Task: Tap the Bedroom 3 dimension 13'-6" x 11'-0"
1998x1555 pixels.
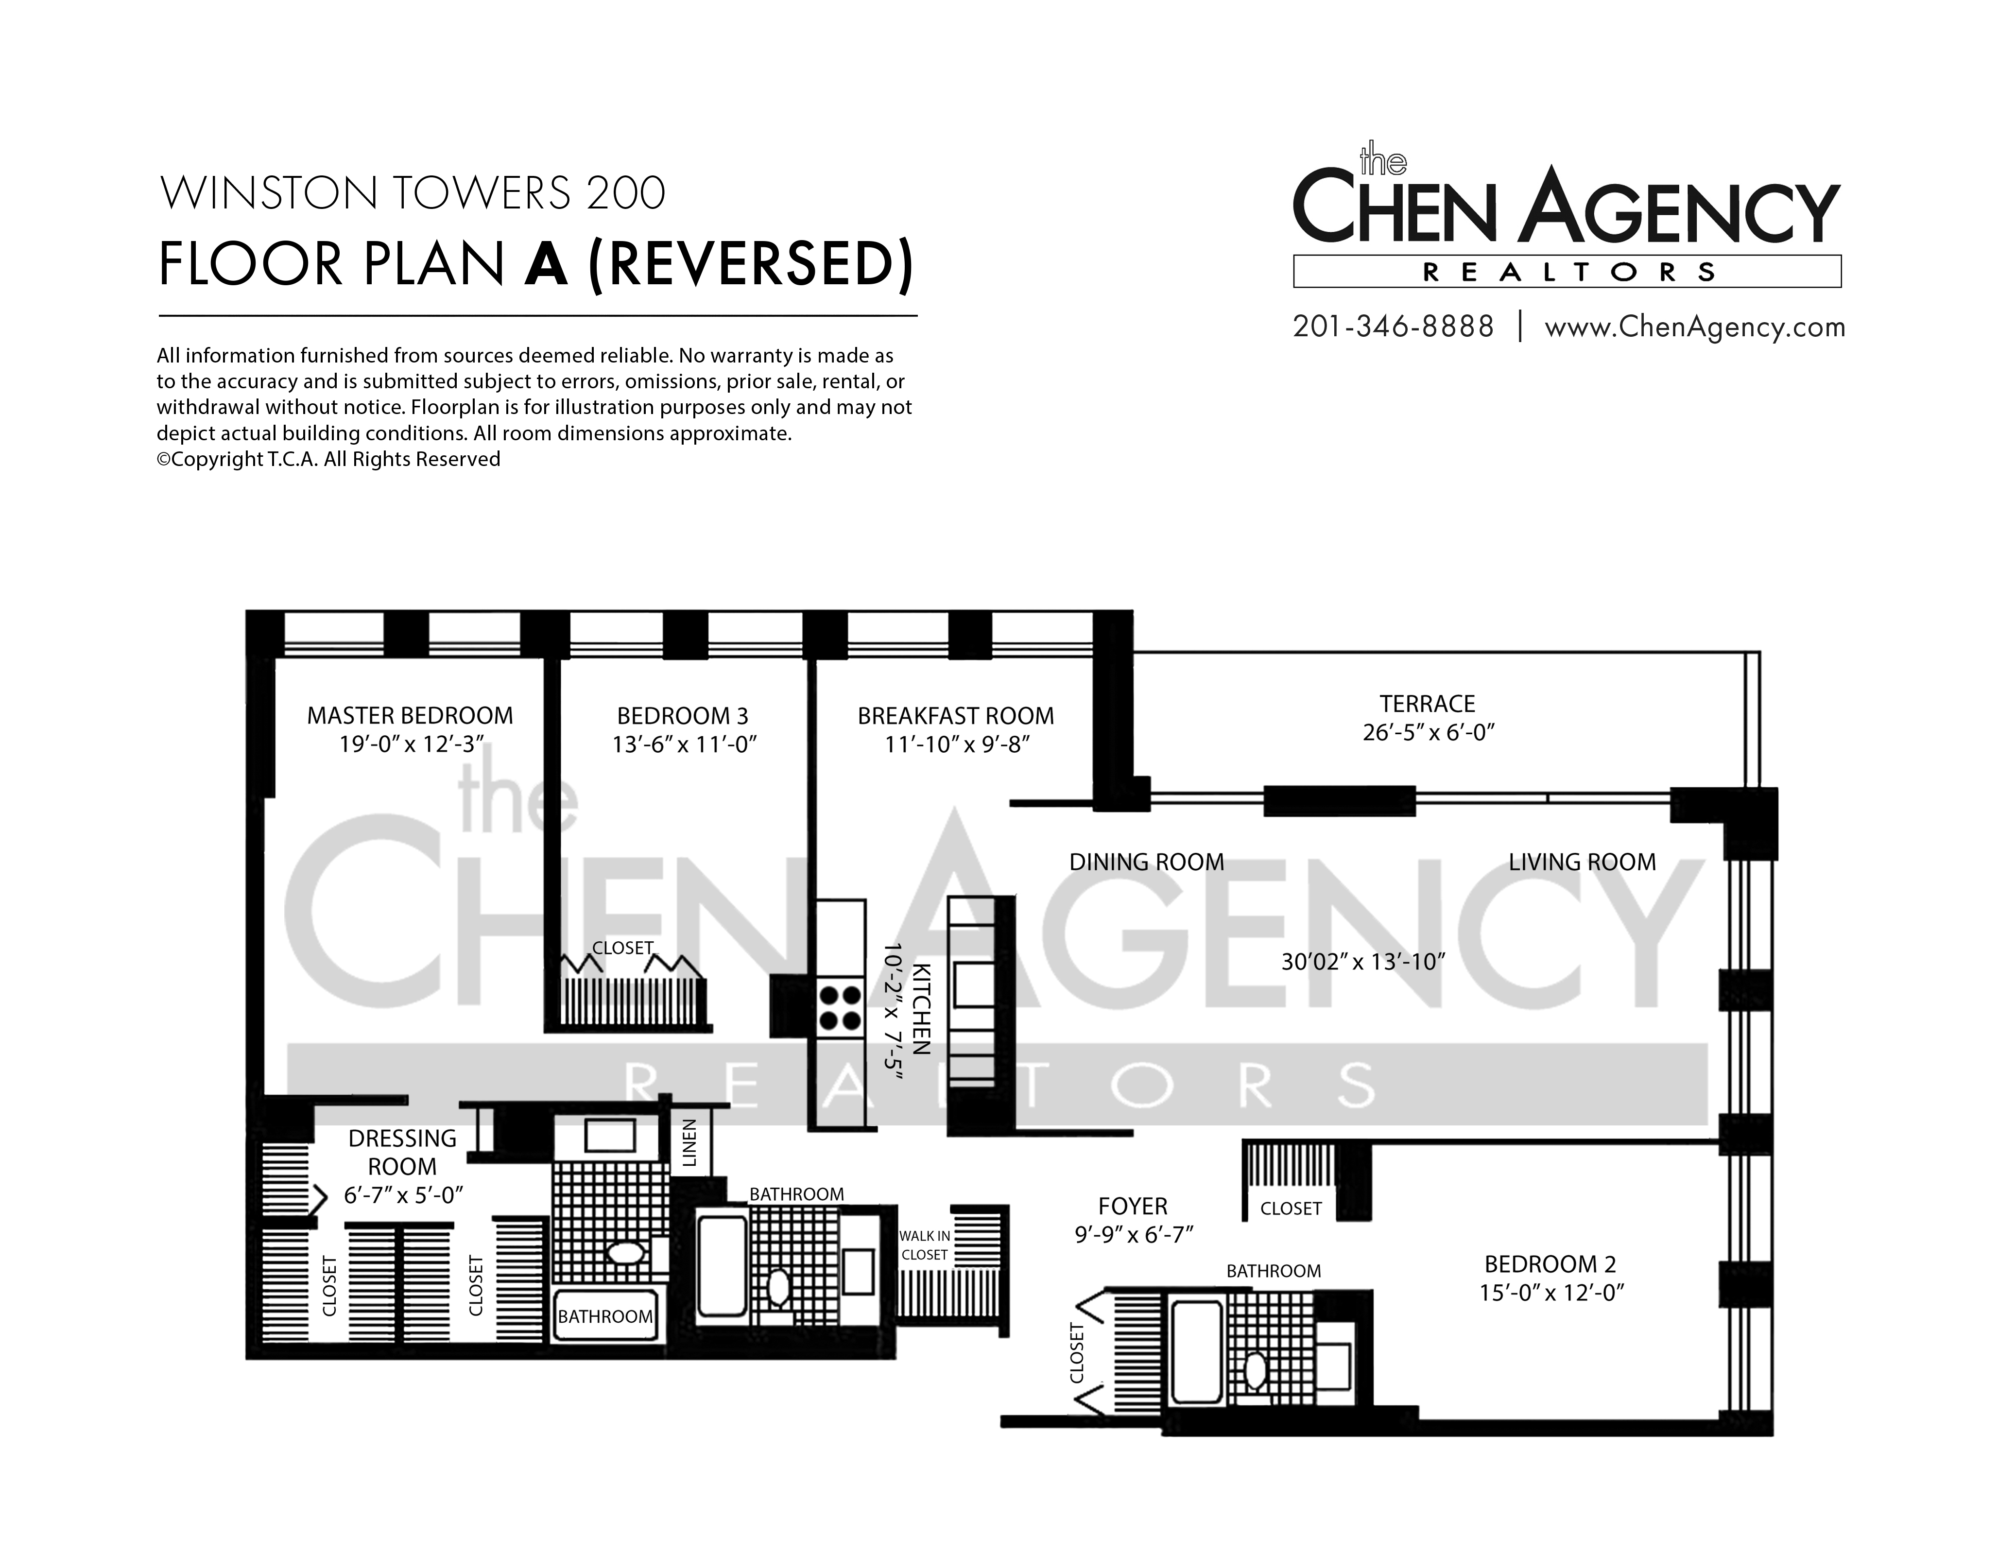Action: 684,744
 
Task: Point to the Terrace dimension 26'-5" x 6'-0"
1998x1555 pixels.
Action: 1428,733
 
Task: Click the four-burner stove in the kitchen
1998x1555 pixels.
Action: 839,1007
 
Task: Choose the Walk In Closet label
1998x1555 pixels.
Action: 925,1245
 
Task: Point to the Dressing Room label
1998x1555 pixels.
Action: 402,1153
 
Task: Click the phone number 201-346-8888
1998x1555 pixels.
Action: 1393,327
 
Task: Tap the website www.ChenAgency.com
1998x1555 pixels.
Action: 1694,328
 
